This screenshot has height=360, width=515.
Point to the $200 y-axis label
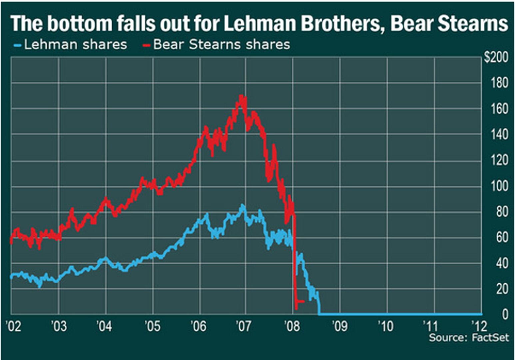[496, 57]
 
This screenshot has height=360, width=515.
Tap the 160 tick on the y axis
[499, 109]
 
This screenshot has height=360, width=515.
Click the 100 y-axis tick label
[499, 186]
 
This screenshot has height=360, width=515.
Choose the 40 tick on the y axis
[502, 263]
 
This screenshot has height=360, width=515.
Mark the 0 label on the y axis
[505, 314]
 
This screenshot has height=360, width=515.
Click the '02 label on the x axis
[14, 326]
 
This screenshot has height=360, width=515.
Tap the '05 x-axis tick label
[153, 326]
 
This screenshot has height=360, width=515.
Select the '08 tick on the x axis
[292, 326]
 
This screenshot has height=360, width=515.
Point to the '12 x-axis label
[479, 326]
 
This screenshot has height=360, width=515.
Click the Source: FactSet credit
[469, 338]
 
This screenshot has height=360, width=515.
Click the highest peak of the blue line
[243, 205]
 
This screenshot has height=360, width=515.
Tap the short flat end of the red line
[300, 301]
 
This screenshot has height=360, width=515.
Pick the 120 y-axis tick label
[499, 160]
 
